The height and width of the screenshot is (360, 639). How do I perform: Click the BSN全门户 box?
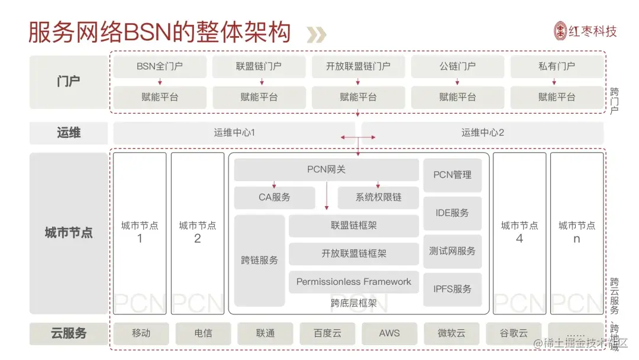click(160, 66)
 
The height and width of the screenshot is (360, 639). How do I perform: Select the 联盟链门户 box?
click(259, 66)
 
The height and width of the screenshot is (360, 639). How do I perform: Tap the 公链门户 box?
click(457, 66)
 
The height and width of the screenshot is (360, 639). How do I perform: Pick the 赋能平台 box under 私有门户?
click(557, 97)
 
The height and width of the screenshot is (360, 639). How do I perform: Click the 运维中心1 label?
click(234, 133)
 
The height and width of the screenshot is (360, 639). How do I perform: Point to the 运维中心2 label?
click(483, 133)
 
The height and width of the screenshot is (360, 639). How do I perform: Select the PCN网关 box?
click(326, 170)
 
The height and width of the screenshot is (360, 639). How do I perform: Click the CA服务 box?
click(275, 197)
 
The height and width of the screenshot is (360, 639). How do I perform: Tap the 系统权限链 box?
click(378, 197)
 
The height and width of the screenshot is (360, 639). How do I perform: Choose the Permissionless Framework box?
click(353, 282)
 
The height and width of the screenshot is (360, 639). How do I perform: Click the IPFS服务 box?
click(453, 289)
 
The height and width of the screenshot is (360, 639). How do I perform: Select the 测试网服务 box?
click(453, 251)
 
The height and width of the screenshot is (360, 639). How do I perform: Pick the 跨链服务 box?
click(259, 260)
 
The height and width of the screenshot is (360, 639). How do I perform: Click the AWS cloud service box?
click(389, 333)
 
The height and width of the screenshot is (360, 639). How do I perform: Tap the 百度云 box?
click(327, 333)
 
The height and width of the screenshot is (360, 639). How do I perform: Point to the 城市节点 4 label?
click(519, 232)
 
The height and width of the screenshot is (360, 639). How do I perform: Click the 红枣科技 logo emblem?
click(561, 31)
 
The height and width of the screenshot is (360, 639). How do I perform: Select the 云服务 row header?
click(69, 333)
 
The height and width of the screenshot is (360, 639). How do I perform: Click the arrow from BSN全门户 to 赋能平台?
click(160, 82)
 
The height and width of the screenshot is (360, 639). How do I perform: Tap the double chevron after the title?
click(316, 34)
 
